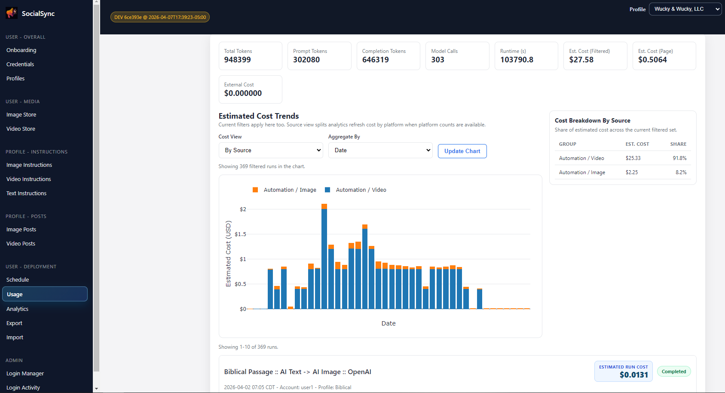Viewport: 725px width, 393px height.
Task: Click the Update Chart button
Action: (462, 151)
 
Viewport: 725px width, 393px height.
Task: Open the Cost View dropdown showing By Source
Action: (273, 150)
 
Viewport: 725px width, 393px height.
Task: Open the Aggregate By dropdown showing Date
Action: (380, 150)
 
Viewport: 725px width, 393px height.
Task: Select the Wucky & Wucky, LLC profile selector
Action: (685, 9)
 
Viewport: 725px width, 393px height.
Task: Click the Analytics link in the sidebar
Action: (18, 309)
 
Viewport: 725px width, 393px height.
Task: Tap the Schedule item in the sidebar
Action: (18, 279)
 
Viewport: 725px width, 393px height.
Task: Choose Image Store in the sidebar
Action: (21, 114)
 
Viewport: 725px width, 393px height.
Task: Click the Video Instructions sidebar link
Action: (28, 179)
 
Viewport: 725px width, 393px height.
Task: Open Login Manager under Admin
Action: (25, 373)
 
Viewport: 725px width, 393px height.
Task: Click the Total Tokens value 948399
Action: (237, 60)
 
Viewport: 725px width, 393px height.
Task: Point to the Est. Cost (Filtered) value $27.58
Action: (581, 60)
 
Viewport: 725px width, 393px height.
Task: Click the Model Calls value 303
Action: (437, 60)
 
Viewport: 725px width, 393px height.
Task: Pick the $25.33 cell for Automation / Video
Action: (633, 158)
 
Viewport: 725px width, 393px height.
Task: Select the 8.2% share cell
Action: (681, 172)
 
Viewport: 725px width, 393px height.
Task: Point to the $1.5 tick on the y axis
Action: (240, 234)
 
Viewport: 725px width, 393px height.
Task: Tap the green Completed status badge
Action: (673, 372)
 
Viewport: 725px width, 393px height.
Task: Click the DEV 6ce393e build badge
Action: (160, 17)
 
